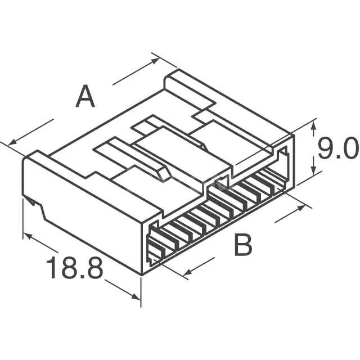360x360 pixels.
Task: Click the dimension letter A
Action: click(x=85, y=96)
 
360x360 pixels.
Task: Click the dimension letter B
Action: click(x=243, y=244)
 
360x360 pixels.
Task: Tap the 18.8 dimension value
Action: click(x=74, y=268)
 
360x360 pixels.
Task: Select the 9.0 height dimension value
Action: click(x=338, y=148)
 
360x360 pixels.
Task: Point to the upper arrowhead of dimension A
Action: click(x=155, y=60)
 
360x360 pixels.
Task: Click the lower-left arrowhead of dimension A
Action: click(x=12, y=142)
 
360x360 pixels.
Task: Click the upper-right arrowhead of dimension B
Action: click(x=301, y=208)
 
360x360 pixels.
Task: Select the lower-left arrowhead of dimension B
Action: click(x=187, y=272)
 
